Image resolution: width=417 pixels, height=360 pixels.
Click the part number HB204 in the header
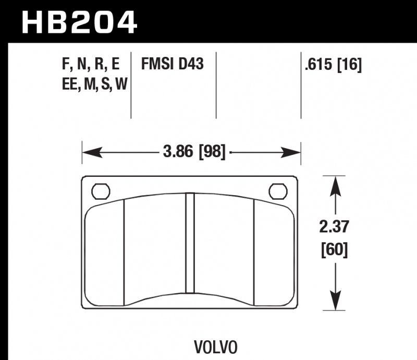pyautogui.click(x=79, y=21)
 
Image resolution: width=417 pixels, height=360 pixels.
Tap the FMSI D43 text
pyautogui.click(x=172, y=65)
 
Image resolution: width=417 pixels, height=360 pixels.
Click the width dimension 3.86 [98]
pyautogui.click(x=194, y=152)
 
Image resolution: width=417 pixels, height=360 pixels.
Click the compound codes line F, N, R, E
pyautogui.click(x=90, y=65)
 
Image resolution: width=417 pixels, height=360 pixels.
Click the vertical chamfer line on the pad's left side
pyautogui.click(x=124, y=253)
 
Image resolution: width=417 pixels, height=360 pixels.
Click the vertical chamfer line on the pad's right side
pyautogui.click(x=253, y=253)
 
